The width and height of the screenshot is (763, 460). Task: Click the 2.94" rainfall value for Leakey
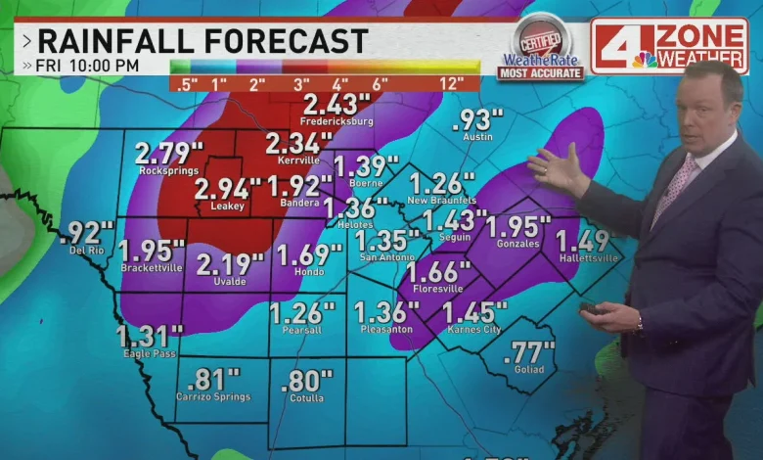(227, 188)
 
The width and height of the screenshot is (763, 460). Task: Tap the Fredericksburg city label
(337, 121)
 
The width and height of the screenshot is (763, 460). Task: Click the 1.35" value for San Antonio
(387, 241)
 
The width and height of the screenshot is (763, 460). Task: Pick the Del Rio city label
(86, 250)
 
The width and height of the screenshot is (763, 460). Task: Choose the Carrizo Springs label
(212, 396)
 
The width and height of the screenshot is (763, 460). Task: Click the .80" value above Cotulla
(306, 381)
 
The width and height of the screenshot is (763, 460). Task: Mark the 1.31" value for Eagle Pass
(149, 337)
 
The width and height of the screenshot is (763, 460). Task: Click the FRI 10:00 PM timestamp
(87, 66)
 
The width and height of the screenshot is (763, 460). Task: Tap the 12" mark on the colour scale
(451, 84)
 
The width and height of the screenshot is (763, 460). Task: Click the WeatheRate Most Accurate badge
(540, 49)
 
